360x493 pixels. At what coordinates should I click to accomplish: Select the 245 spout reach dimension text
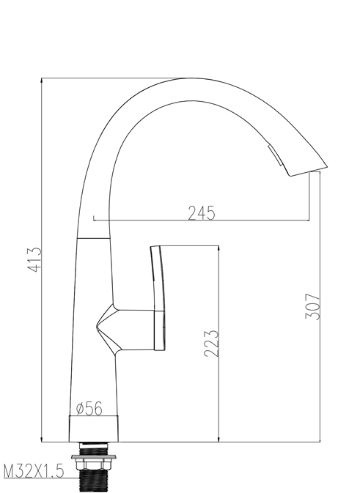click(x=201, y=212)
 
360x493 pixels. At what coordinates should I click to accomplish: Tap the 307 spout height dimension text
click(x=314, y=305)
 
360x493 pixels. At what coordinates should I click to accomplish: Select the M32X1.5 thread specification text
click(x=34, y=470)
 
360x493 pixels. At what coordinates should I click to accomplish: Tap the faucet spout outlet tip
click(x=308, y=169)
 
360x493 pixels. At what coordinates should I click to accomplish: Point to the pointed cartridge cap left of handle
click(x=106, y=327)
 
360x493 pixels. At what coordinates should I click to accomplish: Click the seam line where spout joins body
click(x=94, y=239)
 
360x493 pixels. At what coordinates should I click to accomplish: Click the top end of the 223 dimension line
click(x=218, y=245)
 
